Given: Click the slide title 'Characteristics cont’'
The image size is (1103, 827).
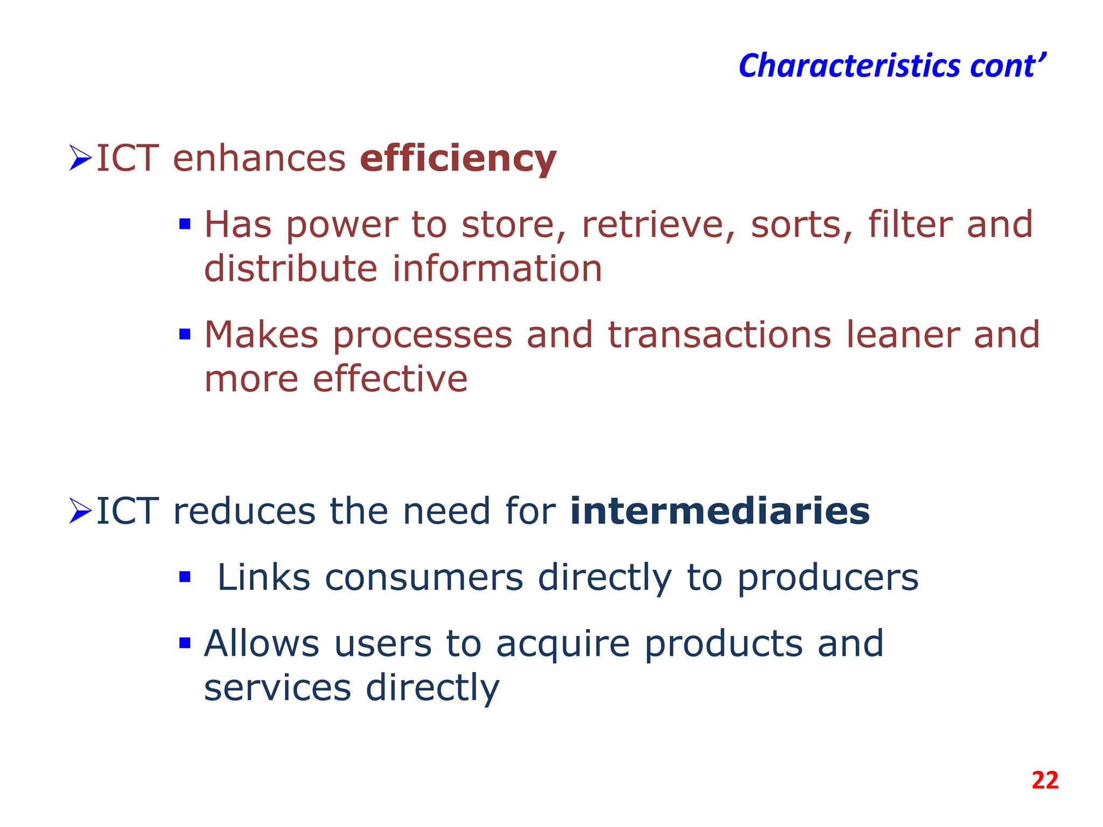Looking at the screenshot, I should (892, 66).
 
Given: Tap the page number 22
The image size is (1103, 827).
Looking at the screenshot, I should (1045, 780).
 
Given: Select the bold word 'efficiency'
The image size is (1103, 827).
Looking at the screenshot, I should (458, 159).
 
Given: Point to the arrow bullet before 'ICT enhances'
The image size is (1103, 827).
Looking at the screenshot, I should (81, 158).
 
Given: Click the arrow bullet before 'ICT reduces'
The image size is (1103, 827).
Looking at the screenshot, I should (81, 511).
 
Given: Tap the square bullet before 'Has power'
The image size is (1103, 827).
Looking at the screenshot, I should (185, 224).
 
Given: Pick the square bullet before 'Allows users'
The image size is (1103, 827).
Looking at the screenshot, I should (185, 643).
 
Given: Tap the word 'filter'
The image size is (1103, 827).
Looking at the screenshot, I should (910, 225).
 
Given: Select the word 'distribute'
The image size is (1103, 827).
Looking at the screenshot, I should (291, 269).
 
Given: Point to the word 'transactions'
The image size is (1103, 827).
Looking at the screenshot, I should (720, 335).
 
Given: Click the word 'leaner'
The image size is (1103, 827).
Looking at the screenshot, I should (903, 335).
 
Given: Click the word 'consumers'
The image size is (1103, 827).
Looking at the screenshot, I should (424, 578).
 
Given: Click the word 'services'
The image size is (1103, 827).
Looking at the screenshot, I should (277, 688).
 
